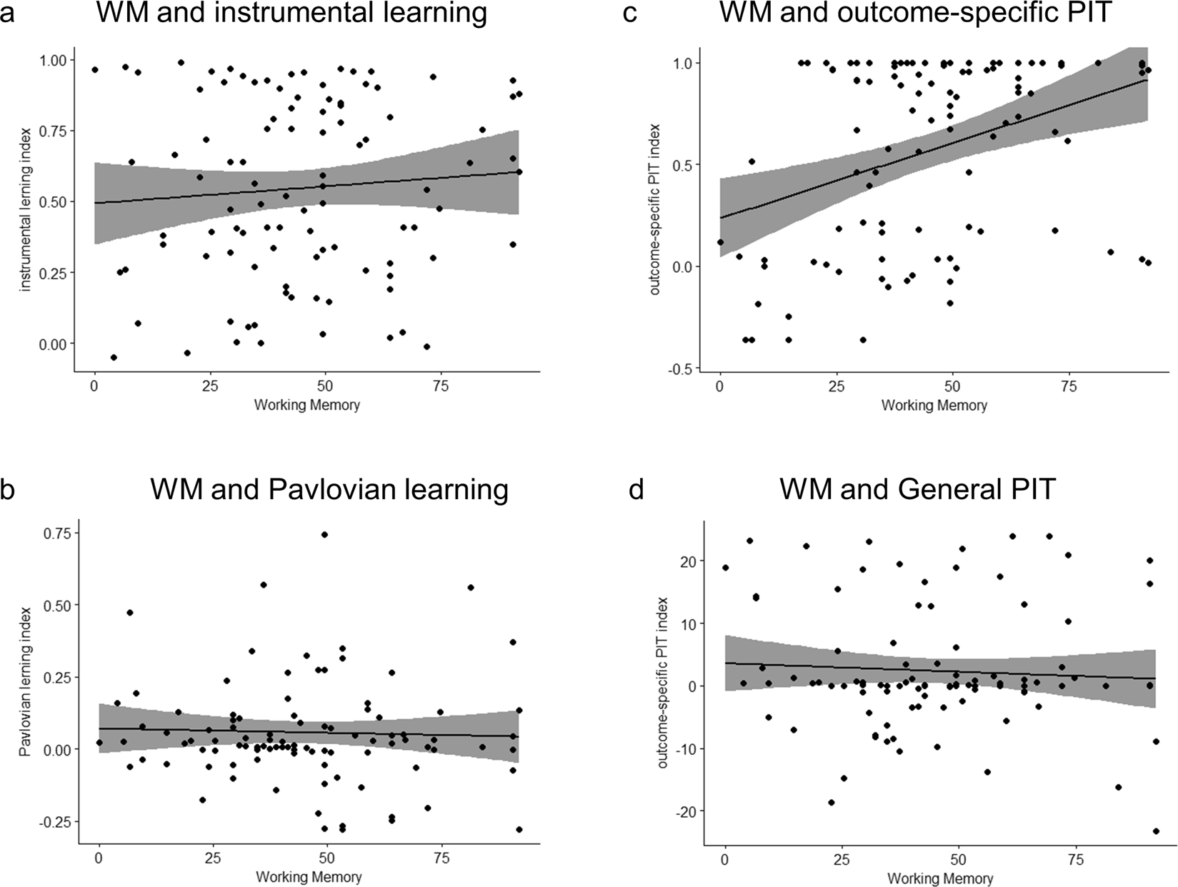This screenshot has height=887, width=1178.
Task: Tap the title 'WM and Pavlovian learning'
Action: click(329, 490)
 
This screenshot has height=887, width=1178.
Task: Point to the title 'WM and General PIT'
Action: click(917, 490)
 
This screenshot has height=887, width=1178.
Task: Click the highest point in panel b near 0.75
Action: click(324, 534)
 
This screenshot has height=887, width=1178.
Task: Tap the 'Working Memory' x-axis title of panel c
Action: click(934, 406)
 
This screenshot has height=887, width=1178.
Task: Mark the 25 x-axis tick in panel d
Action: click(842, 858)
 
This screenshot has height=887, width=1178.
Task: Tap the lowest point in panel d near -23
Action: click(1156, 831)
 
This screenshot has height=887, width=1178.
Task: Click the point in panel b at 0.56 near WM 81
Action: click(470, 587)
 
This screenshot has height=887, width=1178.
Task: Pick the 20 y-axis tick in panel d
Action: click(687, 561)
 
